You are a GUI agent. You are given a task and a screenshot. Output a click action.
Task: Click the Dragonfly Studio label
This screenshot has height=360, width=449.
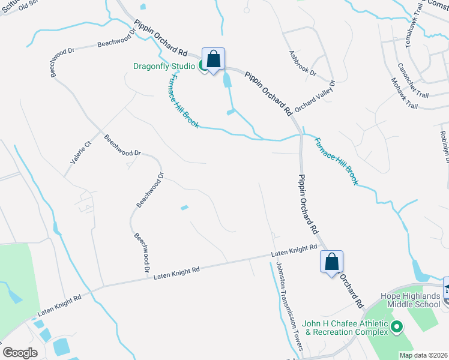pyautogui.click(x=163, y=66)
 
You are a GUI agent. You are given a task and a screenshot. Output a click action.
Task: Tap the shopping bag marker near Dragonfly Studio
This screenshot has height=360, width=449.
pyautogui.click(x=213, y=59)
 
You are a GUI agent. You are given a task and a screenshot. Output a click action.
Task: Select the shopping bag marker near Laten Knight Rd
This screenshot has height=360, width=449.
pyautogui.click(x=331, y=262)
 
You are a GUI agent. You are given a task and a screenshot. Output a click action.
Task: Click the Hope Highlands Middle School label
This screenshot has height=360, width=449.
pyautogui.click(x=411, y=300)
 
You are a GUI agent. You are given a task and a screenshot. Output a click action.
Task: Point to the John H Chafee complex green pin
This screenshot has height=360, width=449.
pyautogui.click(x=396, y=326)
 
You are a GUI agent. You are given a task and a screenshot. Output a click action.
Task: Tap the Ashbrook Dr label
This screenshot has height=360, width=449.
pyautogui.click(x=302, y=63)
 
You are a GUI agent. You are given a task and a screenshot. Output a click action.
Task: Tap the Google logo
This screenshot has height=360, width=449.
pyautogui.click(x=20, y=352)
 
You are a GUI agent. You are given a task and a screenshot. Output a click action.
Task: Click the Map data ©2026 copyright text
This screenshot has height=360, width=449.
pyautogui.click(x=423, y=355)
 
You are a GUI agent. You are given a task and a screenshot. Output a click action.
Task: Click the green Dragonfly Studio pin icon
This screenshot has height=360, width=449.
pyautogui.click(x=203, y=67)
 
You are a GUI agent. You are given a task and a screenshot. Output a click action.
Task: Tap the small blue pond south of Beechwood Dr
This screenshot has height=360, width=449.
pyautogui.click(x=185, y=208)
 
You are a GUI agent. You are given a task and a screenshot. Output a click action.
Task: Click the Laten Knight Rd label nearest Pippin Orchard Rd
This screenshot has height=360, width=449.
pyautogui.click(x=294, y=251)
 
